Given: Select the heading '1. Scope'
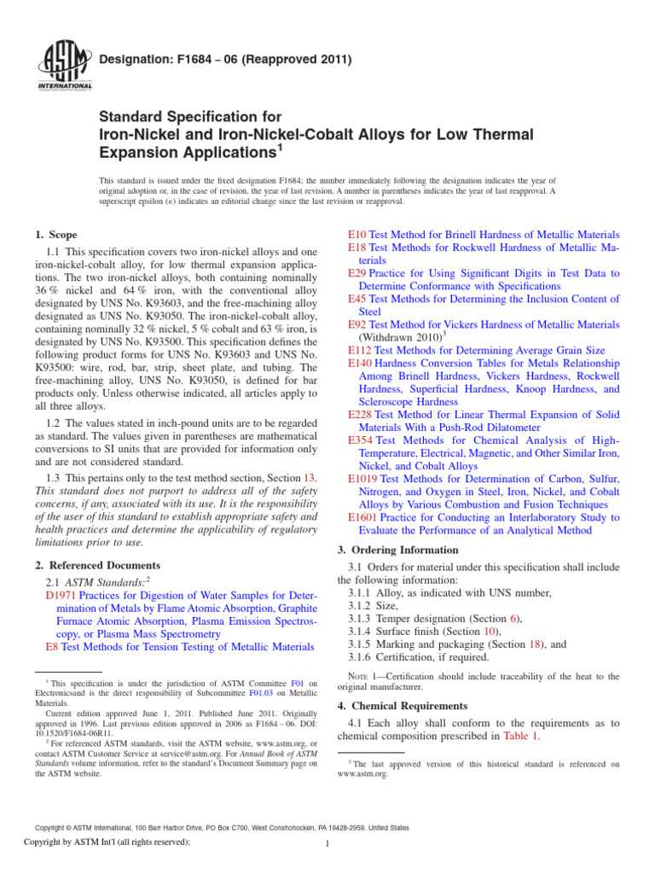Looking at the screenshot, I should (56, 234).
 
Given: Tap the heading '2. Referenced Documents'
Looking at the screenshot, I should (96, 565).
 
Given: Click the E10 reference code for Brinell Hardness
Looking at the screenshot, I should (357, 235).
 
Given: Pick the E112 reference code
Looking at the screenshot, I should (361, 350).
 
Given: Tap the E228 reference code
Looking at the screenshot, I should (361, 414).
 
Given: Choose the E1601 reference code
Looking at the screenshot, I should (364, 517).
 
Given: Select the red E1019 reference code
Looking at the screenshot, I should (364, 479).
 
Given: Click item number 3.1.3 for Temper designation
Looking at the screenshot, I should (365, 617).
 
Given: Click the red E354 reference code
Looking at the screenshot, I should (361, 440).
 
